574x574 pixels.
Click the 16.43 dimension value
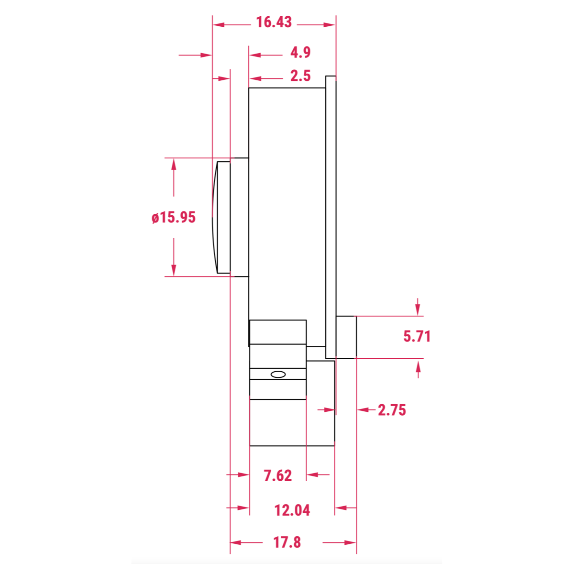(x=274, y=22)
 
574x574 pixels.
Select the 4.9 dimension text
(x=300, y=53)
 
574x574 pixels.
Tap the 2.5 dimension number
(x=300, y=76)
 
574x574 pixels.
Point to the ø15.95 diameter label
(x=174, y=218)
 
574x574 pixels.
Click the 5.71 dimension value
(x=417, y=336)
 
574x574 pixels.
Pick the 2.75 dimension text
(x=392, y=410)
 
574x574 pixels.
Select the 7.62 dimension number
(x=278, y=475)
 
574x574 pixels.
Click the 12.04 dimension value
(x=292, y=510)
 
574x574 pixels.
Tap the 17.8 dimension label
(x=287, y=542)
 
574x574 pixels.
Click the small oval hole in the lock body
(x=278, y=374)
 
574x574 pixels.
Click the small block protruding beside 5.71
(x=346, y=337)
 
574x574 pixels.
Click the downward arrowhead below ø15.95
(x=174, y=270)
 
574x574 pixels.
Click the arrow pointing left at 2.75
(x=363, y=410)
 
